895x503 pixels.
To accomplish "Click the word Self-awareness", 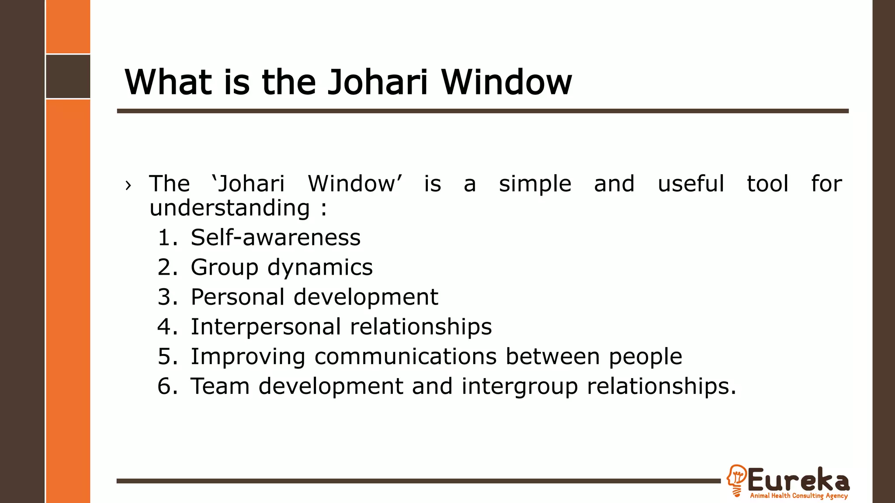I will tap(275, 238).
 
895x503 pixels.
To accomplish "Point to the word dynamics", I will tap(320, 268).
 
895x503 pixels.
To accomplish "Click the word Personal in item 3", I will tap(238, 297).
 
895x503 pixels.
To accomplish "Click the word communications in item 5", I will tap(405, 357).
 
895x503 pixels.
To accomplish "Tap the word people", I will tap(645, 357).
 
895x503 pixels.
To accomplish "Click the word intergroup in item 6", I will tap(520, 386).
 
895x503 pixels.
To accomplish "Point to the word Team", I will tap(220, 386).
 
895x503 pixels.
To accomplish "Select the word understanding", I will tap(229, 208).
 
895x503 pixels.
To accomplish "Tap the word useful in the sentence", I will tap(690, 184).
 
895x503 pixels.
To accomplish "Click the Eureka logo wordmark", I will tap(798, 480).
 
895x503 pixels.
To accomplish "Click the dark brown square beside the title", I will tap(68, 76).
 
